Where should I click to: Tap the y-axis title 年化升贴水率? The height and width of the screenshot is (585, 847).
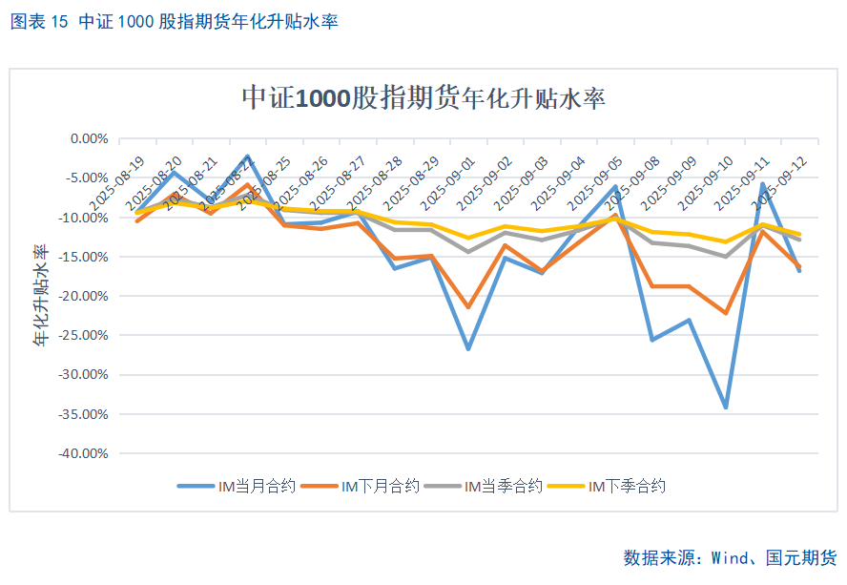[x=42, y=295]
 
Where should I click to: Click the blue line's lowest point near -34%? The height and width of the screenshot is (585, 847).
[x=726, y=407]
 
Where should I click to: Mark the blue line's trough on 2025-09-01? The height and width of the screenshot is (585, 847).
[x=468, y=349]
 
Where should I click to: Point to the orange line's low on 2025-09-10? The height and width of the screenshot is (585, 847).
[x=726, y=313]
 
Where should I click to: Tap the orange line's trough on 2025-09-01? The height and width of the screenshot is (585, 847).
[x=468, y=307]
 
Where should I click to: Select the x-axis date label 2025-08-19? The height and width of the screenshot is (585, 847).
[x=118, y=180]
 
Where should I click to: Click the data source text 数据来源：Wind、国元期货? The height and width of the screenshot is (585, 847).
[x=730, y=557]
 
